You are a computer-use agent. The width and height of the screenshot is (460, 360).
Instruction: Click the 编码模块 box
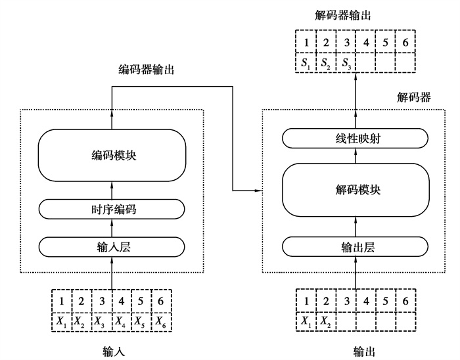point(111,155)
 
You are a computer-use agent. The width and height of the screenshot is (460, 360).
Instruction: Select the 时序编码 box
point(111,209)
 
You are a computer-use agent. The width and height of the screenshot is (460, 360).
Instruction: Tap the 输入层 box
point(111,246)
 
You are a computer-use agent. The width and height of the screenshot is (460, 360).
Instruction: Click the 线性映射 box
point(356,138)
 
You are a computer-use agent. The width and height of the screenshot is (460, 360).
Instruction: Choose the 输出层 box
point(356,246)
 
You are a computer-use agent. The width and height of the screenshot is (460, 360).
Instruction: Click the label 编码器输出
point(146,69)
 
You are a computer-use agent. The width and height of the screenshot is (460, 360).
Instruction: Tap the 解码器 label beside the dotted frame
point(414,97)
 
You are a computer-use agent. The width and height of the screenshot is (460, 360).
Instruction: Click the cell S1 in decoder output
point(305,64)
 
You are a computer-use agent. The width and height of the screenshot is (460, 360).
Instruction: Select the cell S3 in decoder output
point(346,64)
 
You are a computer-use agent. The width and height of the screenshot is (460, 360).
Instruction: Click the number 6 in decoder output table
point(406,44)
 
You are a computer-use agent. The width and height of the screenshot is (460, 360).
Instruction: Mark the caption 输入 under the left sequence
point(113,351)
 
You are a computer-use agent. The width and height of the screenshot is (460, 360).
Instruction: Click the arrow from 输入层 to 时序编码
point(111,227)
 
